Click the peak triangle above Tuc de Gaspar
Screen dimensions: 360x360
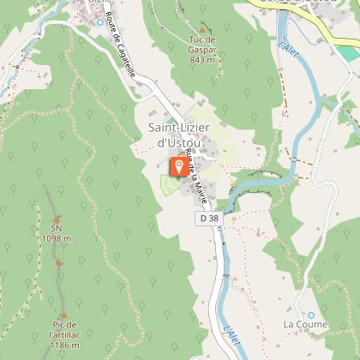(x=202, y=28)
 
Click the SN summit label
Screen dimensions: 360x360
(x=57, y=228)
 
